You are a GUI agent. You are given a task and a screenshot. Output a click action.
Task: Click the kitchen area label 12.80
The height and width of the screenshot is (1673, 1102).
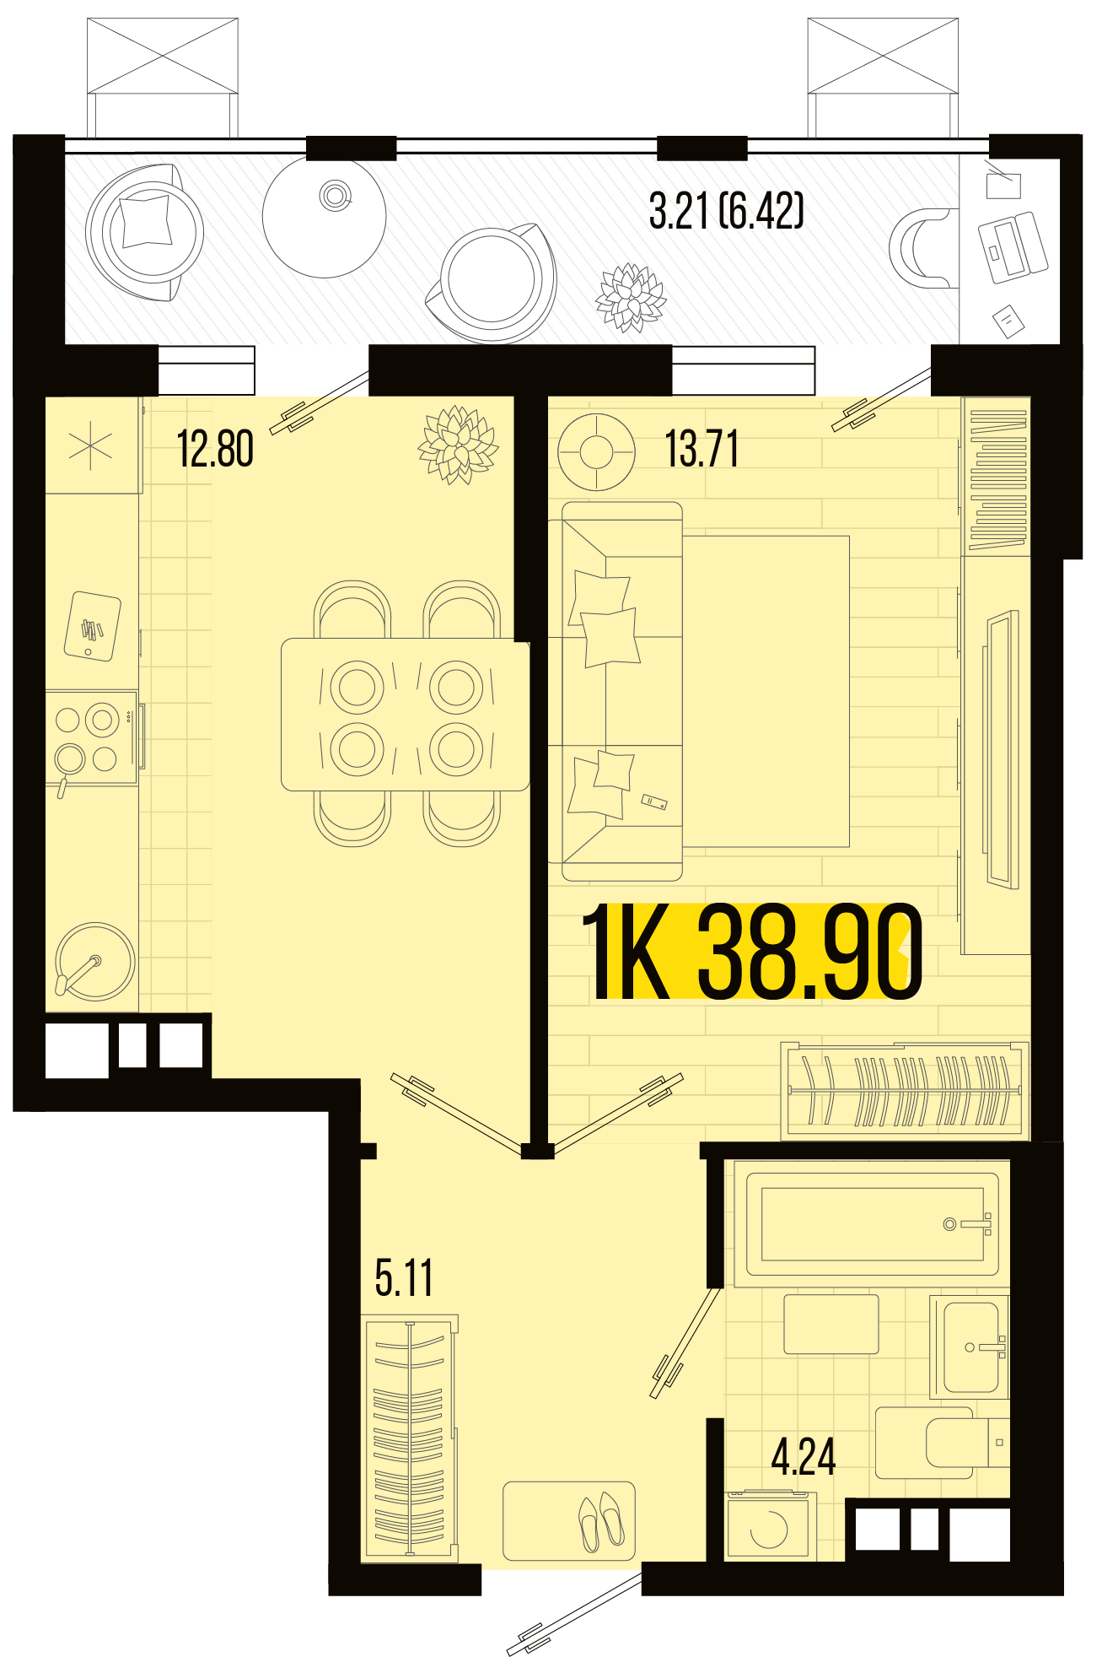(x=215, y=449)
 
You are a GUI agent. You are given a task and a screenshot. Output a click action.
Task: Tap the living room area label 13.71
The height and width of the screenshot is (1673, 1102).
(x=702, y=449)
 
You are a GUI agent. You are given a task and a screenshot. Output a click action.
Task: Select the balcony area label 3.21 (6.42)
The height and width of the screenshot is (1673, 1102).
(x=726, y=211)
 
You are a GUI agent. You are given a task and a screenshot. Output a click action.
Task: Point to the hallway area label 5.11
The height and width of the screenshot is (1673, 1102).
(x=404, y=1278)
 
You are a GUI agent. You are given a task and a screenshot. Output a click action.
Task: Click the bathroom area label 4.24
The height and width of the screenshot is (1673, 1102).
(x=804, y=1457)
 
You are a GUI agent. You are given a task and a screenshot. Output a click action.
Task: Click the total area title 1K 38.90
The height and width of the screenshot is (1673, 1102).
(x=753, y=952)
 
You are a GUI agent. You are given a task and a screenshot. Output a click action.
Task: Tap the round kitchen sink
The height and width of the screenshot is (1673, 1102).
(x=94, y=962)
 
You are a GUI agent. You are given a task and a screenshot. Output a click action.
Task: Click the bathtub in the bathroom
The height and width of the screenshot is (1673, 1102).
(x=872, y=1224)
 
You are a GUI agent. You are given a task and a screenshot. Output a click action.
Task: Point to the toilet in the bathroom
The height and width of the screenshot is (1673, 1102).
(x=942, y=1443)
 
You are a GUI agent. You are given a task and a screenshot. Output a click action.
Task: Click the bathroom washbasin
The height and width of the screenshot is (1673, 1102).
(x=970, y=1347)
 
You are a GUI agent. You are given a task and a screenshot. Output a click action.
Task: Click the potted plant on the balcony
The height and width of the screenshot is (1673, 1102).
(x=631, y=298)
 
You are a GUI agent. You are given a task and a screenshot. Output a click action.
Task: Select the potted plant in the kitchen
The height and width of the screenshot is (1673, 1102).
(x=458, y=445)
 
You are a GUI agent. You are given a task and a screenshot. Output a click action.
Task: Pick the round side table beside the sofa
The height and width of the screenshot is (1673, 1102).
(x=596, y=451)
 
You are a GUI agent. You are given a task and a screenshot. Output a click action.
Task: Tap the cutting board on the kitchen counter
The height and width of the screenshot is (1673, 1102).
(x=93, y=626)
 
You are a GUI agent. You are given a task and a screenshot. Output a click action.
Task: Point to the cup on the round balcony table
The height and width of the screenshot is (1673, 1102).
(x=335, y=196)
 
